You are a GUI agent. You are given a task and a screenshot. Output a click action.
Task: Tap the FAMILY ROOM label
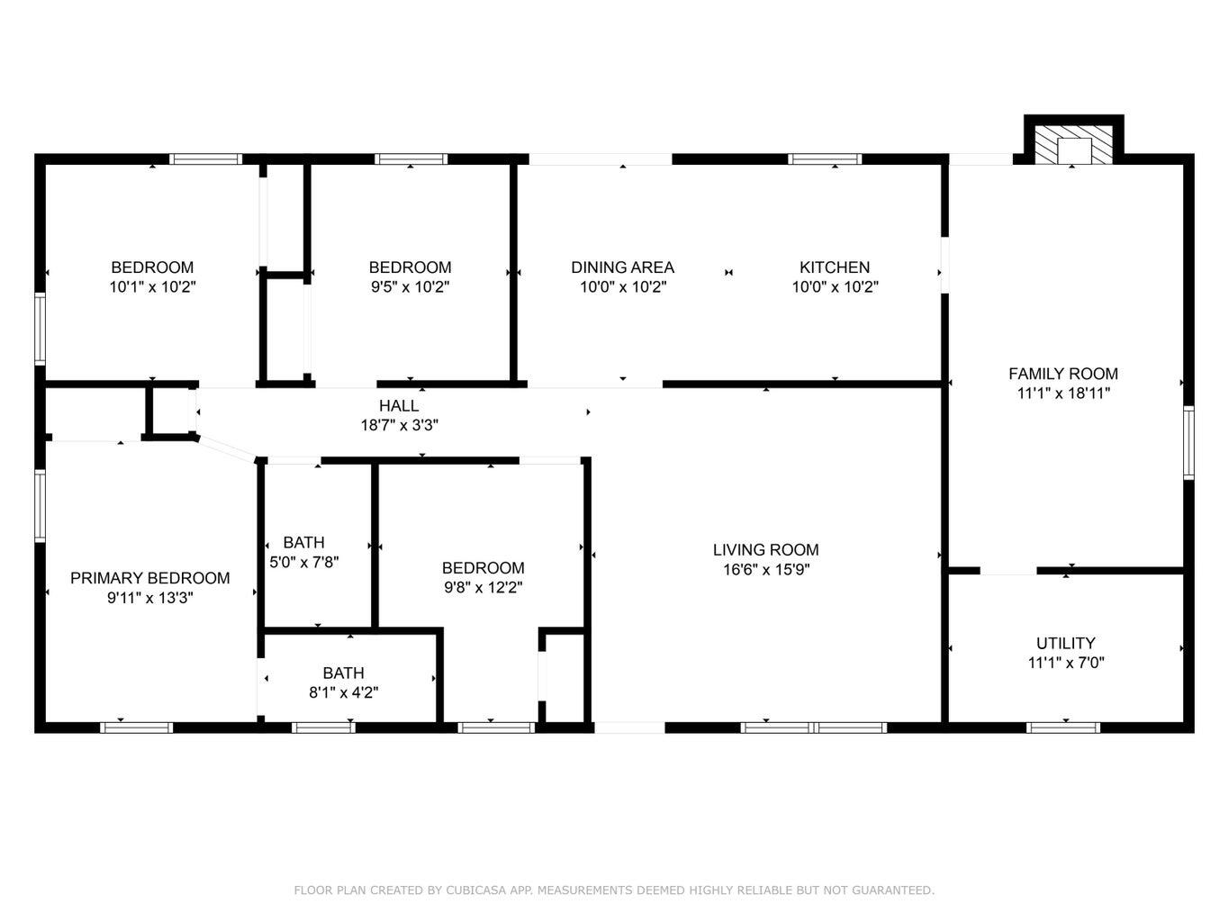[1062, 374]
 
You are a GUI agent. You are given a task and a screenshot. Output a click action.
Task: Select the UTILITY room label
[1065, 643]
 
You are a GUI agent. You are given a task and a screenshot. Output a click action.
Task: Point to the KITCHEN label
[835, 267]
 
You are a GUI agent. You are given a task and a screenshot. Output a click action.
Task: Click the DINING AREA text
[622, 267]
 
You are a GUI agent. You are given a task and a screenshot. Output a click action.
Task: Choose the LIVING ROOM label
[765, 550]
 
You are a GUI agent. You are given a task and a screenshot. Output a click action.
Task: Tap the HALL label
[398, 406]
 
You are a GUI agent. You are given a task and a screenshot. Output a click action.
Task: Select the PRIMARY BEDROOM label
[149, 578]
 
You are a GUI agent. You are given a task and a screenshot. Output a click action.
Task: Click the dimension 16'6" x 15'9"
[765, 570]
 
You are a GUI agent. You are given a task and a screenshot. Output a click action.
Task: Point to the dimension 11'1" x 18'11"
[1062, 393]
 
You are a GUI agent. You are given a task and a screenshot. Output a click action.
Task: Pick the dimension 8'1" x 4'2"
[343, 692]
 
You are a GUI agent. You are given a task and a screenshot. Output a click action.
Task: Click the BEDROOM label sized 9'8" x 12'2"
[483, 568]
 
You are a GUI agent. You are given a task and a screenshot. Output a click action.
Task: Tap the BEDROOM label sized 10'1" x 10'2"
[151, 267]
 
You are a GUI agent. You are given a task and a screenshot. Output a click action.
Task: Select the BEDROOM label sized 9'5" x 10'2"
[410, 267]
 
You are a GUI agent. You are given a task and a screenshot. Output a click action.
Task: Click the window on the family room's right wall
[1188, 442]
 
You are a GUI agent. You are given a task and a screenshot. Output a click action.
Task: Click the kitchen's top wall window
[825, 159]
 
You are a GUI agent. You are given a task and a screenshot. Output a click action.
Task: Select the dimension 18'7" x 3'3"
[398, 426]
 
